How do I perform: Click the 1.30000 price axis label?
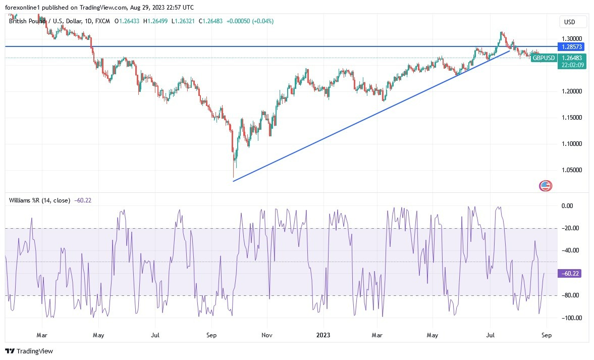[571, 38]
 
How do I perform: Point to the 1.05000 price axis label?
[571, 170]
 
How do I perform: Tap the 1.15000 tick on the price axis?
[571, 118]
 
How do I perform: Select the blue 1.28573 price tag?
[572, 46]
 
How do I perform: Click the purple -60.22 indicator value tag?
[572, 273]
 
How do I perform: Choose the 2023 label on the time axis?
[323, 335]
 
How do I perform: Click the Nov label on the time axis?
[267, 335]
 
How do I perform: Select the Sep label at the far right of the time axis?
[547, 335]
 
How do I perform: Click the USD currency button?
[573, 22]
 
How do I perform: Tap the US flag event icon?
[546, 186]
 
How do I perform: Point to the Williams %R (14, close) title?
[39, 200]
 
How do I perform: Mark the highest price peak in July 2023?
[501, 32]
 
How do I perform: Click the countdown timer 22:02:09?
[572, 65]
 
